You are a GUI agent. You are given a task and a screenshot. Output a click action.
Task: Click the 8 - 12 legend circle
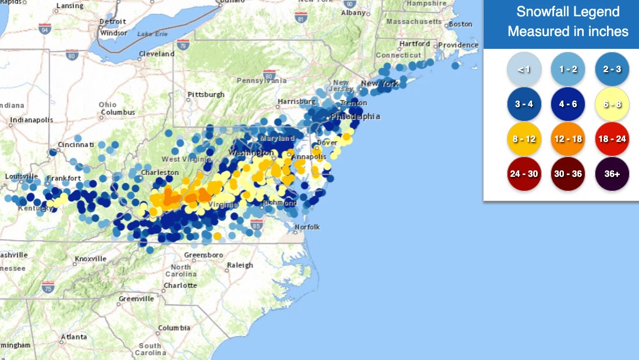point(524,139)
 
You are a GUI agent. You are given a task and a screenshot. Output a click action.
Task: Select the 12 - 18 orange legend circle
point(568,139)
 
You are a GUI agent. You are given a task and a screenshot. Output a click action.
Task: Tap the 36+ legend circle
point(612,174)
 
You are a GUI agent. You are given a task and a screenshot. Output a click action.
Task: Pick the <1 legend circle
point(524,69)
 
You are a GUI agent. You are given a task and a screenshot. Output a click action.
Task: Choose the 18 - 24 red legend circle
point(612,139)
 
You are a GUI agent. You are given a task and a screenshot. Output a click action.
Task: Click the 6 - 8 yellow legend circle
point(612,104)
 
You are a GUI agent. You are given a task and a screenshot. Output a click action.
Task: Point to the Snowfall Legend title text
point(568,12)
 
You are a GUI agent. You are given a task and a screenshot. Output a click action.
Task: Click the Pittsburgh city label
point(205,94)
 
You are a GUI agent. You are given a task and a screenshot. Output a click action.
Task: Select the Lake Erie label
point(152,34)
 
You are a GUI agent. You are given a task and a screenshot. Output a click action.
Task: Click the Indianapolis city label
point(31,120)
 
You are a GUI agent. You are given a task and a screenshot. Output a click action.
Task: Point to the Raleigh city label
point(240,265)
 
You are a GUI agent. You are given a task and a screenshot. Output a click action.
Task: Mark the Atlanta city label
point(74,337)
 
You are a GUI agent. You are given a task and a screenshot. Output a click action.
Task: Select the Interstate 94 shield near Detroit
point(45,27)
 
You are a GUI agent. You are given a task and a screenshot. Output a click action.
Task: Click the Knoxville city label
point(91,259)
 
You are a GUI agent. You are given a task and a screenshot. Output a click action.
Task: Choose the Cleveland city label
point(157,54)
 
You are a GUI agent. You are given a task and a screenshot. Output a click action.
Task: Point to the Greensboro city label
point(203,255)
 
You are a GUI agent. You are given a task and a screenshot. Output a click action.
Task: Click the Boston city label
point(460,24)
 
